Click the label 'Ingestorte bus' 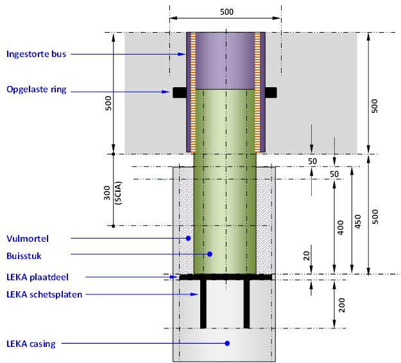pos(37,54)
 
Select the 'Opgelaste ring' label pos(37,90)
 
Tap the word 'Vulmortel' pos(28,239)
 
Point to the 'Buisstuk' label pos(24,256)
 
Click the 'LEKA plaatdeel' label pos(37,277)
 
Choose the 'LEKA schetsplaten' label pos(44,294)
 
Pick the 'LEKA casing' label pos(31,344)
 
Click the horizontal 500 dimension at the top pos(226,12)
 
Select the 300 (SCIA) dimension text pos(113,193)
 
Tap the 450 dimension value pos(358,222)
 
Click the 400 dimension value pos(341,228)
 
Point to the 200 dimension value pos(342,305)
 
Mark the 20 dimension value pos(307,256)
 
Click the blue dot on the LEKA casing pos(227,343)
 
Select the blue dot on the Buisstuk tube pos(210,254)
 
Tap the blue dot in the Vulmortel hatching pos(188,238)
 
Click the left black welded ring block pos(180,92)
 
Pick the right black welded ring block pos(271,92)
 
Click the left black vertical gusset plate pos(203,304)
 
